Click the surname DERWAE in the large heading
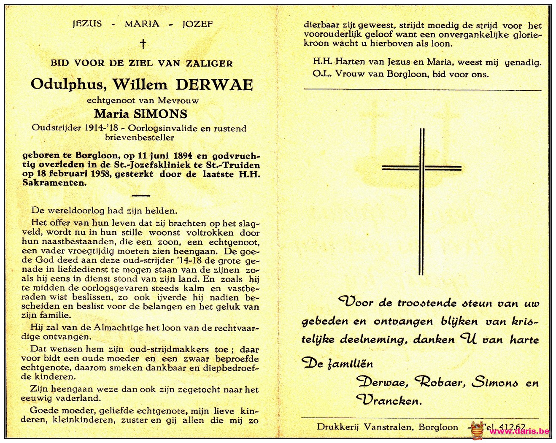214,85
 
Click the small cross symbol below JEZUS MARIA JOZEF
143,43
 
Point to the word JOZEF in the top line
197,24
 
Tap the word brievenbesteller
139,138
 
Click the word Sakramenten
54,183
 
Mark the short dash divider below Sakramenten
141,195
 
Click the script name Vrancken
389,400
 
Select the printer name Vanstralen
388,427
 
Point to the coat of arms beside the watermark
477,430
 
